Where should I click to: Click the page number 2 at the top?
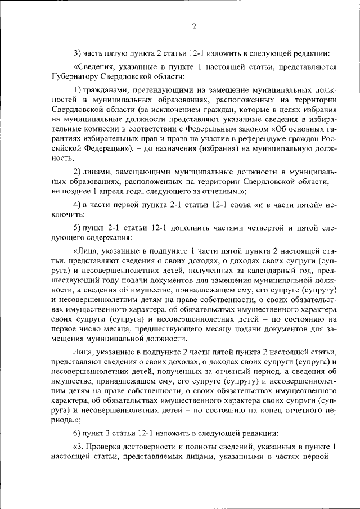[193, 26]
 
